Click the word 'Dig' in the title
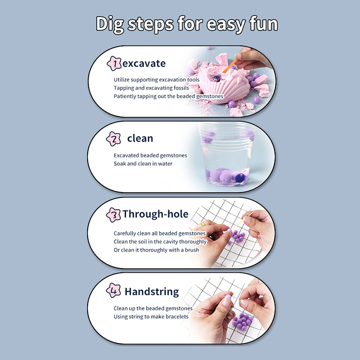[110, 25]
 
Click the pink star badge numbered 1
[114, 63]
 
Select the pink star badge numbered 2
[113, 139]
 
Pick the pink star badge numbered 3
[113, 215]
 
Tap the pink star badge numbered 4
[113, 290]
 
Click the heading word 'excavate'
[144, 63]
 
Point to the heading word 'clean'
[140, 138]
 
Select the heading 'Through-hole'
[155, 214]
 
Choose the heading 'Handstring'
[152, 292]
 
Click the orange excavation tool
[229, 66]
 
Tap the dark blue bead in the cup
[240, 178]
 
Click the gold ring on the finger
[203, 224]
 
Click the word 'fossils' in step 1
[181, 88]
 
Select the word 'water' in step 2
[165, 164]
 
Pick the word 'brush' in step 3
[192, 250]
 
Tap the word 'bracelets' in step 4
[177, 317]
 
